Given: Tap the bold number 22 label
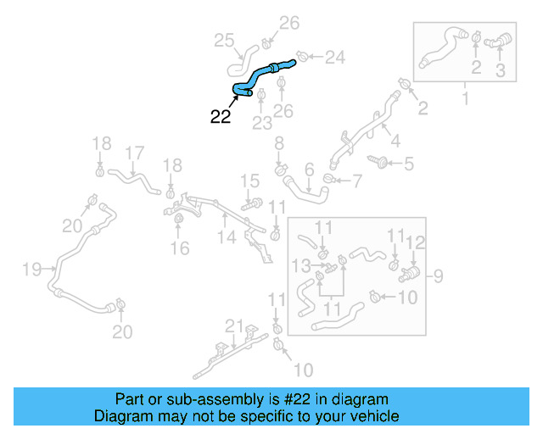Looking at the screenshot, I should [x=220, y=117].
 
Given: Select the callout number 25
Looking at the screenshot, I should [x=222, y=40].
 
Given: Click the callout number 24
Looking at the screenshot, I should [x=335, y=58].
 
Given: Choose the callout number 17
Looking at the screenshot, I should [x=134, y=153].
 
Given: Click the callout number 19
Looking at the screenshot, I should [x=31, y=270].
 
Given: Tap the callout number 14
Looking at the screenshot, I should [x=225, y=238].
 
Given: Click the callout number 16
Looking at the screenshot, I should [x=179, y=248].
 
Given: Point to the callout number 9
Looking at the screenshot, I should [x=437, y=275].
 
